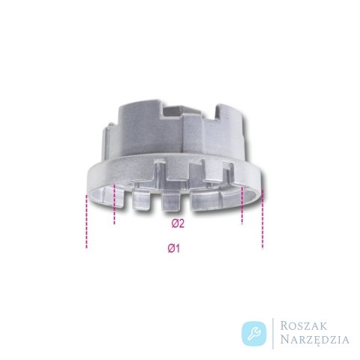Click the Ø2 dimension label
pyautogui.click(x=178, y=223)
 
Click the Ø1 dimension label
pyautogui.click(x=174, y=248)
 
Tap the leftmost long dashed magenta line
pyautogui.click(x=86, y=221)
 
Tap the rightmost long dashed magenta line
pyautogui.click(x=262, y=219)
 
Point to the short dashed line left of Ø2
pyautogui.click(x=114, y=204)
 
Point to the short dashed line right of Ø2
pyautogui.click(x=241, y=205)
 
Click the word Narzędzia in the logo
pyautogui.click(x=314, y=340)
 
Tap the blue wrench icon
pyautogui.click(x=254, y=334)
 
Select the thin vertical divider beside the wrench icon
pyautogui.click(x=273, y=334)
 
